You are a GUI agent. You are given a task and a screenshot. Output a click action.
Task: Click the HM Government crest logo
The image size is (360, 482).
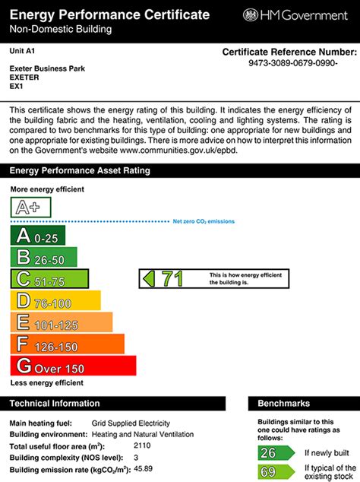[251, 15]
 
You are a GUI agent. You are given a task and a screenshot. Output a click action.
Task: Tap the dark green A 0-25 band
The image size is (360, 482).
[38, 236]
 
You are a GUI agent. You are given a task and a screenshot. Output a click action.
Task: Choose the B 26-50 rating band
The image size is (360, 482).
[43, 257]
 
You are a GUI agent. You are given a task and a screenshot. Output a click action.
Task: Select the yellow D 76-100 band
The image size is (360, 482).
[55, 300]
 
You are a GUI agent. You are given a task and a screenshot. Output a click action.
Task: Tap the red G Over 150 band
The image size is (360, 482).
[73, 366]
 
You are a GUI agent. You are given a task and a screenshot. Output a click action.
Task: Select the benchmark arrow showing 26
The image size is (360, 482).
[274, 453]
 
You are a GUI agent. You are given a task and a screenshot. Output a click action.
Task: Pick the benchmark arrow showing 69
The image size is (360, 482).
[274, 472]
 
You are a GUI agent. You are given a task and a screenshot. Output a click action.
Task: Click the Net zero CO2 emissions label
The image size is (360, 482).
[204, 221]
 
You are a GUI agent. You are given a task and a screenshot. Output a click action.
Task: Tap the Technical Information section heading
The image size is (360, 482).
[55, 404]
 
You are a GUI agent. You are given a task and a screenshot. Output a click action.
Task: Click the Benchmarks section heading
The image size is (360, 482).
[283, 404]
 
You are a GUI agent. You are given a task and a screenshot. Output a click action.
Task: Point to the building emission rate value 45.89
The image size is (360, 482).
[144, 469]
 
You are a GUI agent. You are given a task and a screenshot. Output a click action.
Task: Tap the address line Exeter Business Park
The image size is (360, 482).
[47, 68]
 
